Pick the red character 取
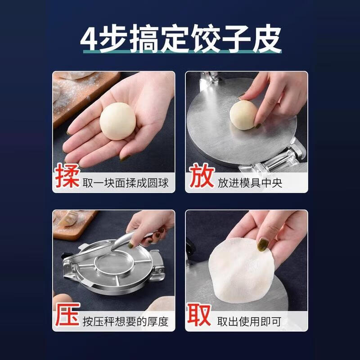[200, 316]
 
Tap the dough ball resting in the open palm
[117, 121]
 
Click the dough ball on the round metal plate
[243, 114]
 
